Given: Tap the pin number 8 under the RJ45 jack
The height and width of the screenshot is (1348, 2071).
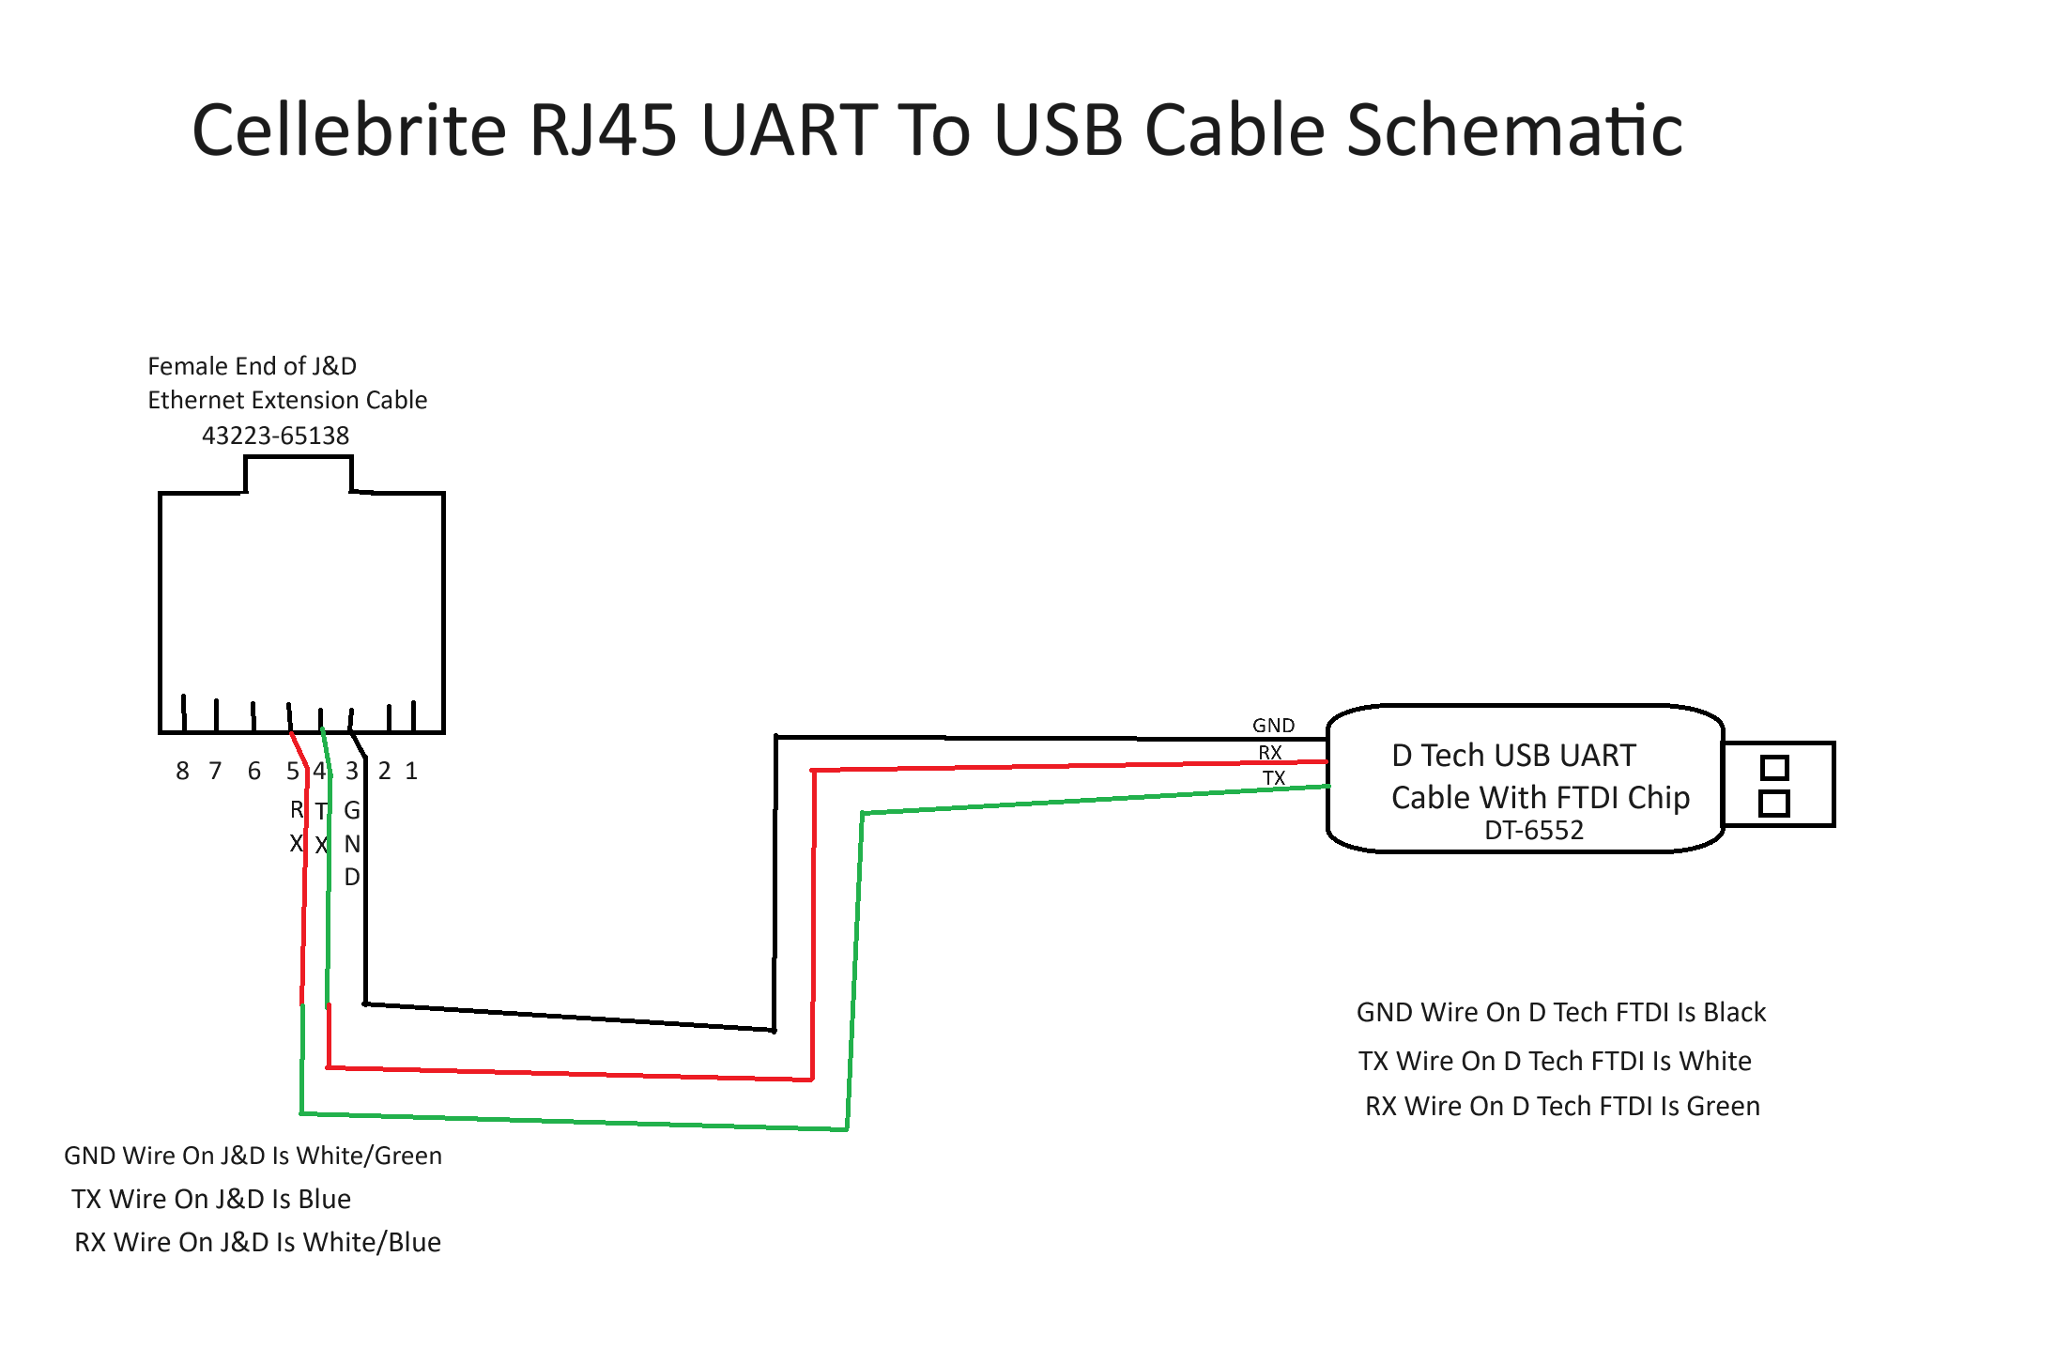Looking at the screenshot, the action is click(x=182, y=771).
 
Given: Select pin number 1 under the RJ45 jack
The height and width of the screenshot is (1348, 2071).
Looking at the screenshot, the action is click(x=411, y=771).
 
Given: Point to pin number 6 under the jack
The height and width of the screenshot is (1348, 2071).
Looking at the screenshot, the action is click(x=253, y=771).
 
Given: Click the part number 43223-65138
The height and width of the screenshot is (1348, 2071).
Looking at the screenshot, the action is click(x=275, y=436).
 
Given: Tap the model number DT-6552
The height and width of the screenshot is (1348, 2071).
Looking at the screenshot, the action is click(x=1534, y=830).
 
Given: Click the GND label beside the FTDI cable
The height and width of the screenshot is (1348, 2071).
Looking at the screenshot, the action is click(x=1274, y=726).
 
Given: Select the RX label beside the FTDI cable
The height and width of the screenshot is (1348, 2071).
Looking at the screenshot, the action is click(x=1270, y=753).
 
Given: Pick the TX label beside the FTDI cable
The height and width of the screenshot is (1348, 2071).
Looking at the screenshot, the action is click(x=1274, y=778).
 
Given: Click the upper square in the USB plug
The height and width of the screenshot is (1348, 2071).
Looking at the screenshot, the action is click(x=1774, y=768).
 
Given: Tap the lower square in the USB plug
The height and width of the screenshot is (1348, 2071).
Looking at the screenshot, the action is click(x=1774, y=804).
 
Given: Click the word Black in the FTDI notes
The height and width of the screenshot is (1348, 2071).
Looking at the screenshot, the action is click(x=1735, y=1012).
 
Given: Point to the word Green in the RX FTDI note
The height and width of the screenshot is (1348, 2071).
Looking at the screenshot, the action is click(x=1724, y=1106).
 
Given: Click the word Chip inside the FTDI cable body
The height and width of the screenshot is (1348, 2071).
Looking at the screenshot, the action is click(x=1659, y=798).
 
